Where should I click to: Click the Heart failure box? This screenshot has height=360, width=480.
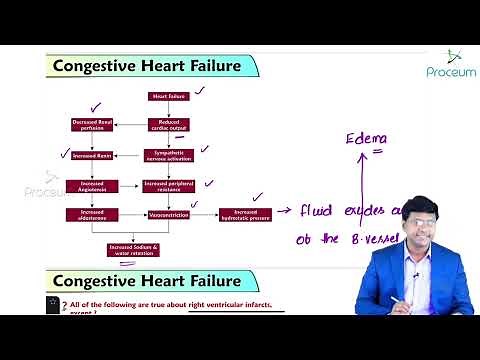168,96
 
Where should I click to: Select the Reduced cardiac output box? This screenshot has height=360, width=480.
168,124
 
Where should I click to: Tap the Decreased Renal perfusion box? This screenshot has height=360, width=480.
92,124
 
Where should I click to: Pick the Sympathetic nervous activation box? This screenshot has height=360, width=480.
168,155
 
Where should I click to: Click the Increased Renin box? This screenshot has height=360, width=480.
92,155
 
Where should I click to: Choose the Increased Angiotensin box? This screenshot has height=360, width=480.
92,185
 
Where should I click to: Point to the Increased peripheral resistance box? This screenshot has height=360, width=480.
168,185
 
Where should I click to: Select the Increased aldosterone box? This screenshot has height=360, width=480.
92,213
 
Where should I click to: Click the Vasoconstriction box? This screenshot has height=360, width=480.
168,213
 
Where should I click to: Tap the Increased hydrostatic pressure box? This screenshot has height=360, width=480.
245,213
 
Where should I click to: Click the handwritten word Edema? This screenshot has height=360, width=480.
366,138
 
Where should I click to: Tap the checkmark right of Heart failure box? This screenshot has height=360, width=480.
199,90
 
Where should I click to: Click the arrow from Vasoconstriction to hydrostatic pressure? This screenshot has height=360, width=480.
207,213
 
